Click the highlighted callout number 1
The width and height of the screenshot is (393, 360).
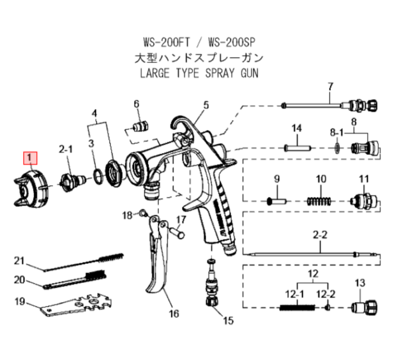tap(30, 158)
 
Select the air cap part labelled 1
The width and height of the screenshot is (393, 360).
tap(30, 189)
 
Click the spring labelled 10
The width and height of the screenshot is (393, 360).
tap(319, 202)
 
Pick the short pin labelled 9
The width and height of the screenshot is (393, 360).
tap(277, 201)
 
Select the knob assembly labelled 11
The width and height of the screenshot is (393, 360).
tap(363, 201)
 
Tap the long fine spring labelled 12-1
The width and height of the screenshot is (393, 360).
tap(297, 307)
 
